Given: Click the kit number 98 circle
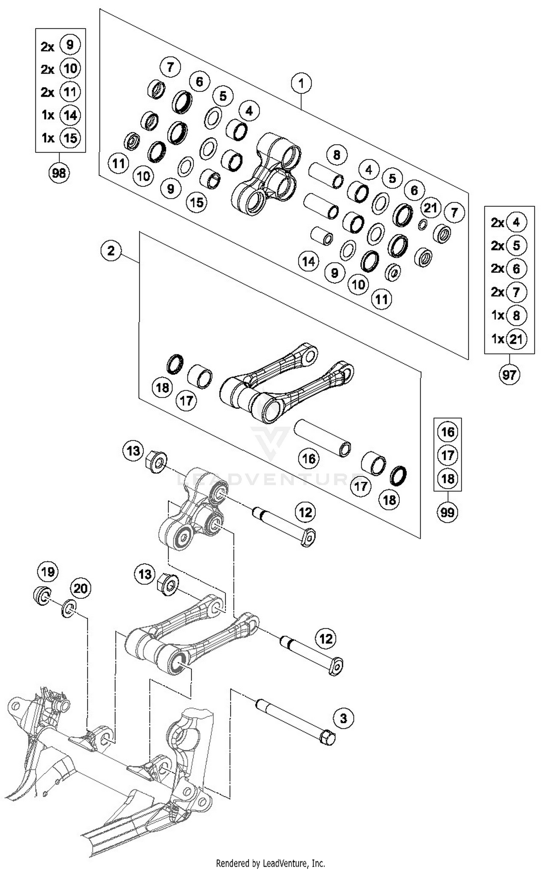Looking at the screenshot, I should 59,173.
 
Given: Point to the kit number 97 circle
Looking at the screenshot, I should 509,375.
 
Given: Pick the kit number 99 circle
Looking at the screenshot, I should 447,512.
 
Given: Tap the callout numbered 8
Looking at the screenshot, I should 336,155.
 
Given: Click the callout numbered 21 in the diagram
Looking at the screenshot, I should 430,208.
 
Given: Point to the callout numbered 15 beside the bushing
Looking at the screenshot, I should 197,202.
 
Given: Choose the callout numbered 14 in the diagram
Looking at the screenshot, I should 309,261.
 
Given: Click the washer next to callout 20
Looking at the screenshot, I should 69,609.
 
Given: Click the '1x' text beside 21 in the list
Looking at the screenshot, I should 498,339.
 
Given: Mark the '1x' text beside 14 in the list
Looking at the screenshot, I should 48,115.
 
